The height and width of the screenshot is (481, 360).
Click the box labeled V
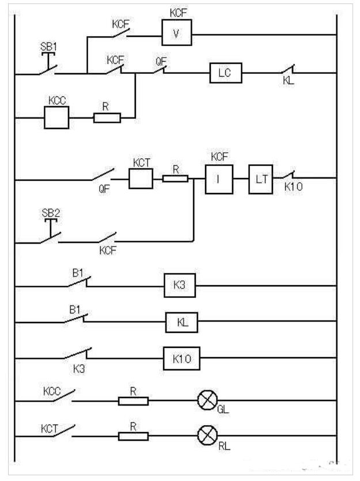(176, 35)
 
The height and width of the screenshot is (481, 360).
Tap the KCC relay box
(57, 118)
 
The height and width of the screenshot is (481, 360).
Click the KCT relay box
(140, 179)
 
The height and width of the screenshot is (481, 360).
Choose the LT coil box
(262, 179)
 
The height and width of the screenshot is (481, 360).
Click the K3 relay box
(180, 286)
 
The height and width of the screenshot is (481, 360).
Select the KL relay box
(181, 323)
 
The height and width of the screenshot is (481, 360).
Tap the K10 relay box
(181, 359)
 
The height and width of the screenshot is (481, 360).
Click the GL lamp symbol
(206, 400)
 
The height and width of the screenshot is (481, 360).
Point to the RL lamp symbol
(206, 436)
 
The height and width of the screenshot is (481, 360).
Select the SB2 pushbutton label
(51, 212)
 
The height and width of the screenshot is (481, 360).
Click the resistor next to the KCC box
(107, 118)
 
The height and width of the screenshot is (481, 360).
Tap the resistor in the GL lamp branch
(133, 400)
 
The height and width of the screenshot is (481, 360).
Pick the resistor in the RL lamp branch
(133, 436)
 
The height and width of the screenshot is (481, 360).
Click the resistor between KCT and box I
(175, 179)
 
